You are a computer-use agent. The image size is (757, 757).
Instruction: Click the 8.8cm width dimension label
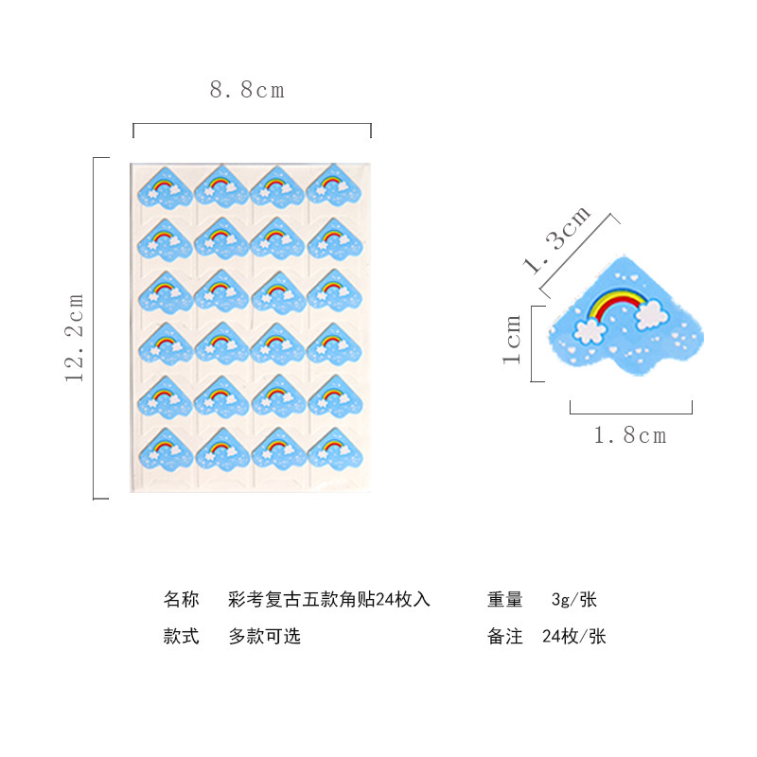[247, 91]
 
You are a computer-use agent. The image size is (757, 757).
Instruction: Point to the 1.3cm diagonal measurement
[558, 239]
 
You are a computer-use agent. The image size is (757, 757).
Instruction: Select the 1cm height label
[512, 340]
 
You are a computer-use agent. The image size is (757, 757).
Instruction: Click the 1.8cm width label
[630, 435]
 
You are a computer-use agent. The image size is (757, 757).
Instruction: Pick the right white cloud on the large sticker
[651, 314]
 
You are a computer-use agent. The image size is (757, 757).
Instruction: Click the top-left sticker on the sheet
[165, 187]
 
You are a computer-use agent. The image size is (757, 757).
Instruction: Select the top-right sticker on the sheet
[334, 187]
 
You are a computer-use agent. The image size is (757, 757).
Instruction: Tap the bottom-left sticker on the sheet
[165, 449]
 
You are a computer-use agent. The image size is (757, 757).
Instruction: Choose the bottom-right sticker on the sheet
[334, 449]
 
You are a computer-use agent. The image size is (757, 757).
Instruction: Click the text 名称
[181, 600]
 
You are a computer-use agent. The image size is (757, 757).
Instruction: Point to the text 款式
[181, 637]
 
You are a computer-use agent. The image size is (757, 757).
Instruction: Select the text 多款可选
[264, 637]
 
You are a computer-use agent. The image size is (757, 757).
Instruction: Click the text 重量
[505, 600]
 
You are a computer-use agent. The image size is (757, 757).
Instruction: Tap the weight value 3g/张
[573, 600]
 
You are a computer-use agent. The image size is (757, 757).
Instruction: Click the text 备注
[505, 637]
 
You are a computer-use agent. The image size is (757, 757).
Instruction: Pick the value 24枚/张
[573, 637]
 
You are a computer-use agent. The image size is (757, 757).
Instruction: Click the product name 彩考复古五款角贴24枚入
[329, 600]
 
